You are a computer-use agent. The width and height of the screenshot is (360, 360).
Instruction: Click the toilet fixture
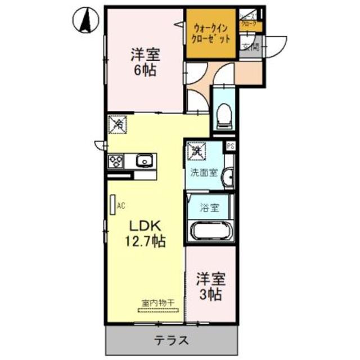pos(224,115)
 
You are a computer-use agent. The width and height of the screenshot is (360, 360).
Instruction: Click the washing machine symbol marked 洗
pos(197,150)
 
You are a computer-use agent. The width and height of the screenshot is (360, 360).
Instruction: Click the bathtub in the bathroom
pos(211,231)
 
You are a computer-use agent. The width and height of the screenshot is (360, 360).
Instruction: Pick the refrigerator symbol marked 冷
pos(119,125)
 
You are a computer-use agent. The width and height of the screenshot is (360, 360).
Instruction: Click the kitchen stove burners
pos(116,161)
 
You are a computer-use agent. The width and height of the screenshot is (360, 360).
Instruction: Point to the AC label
pos(120,205)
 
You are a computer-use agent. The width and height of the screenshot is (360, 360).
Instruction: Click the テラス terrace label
pos(172,341)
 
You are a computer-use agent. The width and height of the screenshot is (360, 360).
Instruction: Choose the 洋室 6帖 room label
pos(146,63)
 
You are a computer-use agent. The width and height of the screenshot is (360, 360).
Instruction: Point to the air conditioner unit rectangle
pos(112,204)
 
